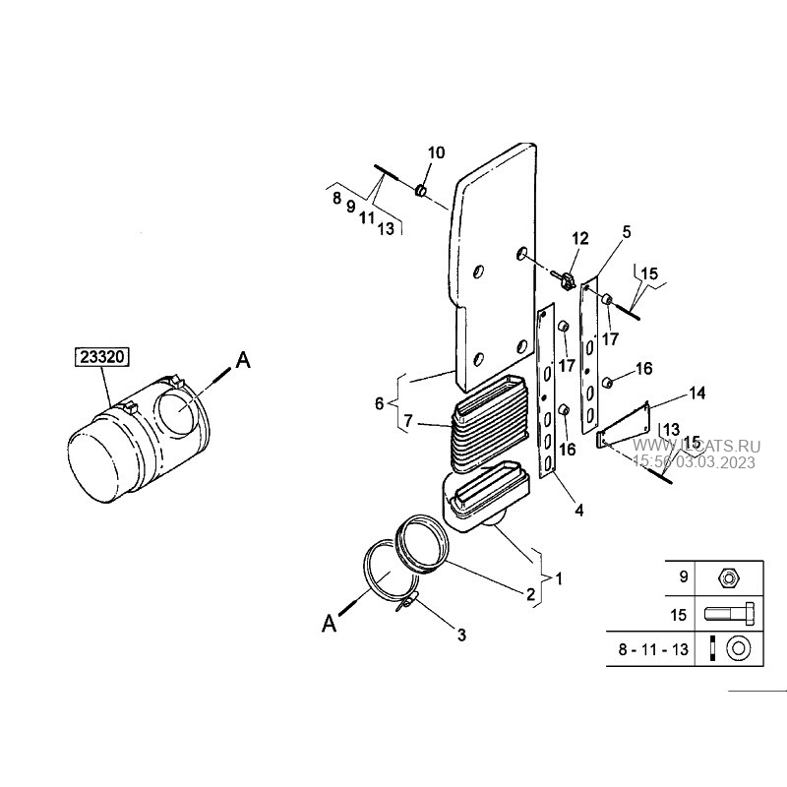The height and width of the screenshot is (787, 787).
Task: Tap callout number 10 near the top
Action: (x=436, y=152)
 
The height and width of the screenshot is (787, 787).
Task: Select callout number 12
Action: (x=579, y=238)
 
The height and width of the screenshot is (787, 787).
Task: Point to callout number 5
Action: (x=626, y=232)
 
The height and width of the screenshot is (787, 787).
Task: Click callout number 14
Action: (x=696, y=393)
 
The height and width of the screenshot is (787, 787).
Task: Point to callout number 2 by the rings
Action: (x=530, y=594)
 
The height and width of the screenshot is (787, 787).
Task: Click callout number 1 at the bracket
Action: (x=559, y=578)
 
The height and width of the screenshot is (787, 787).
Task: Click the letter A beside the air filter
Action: (x=244, y=362)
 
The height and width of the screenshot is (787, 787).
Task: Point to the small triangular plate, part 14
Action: (x=626, y=424)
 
